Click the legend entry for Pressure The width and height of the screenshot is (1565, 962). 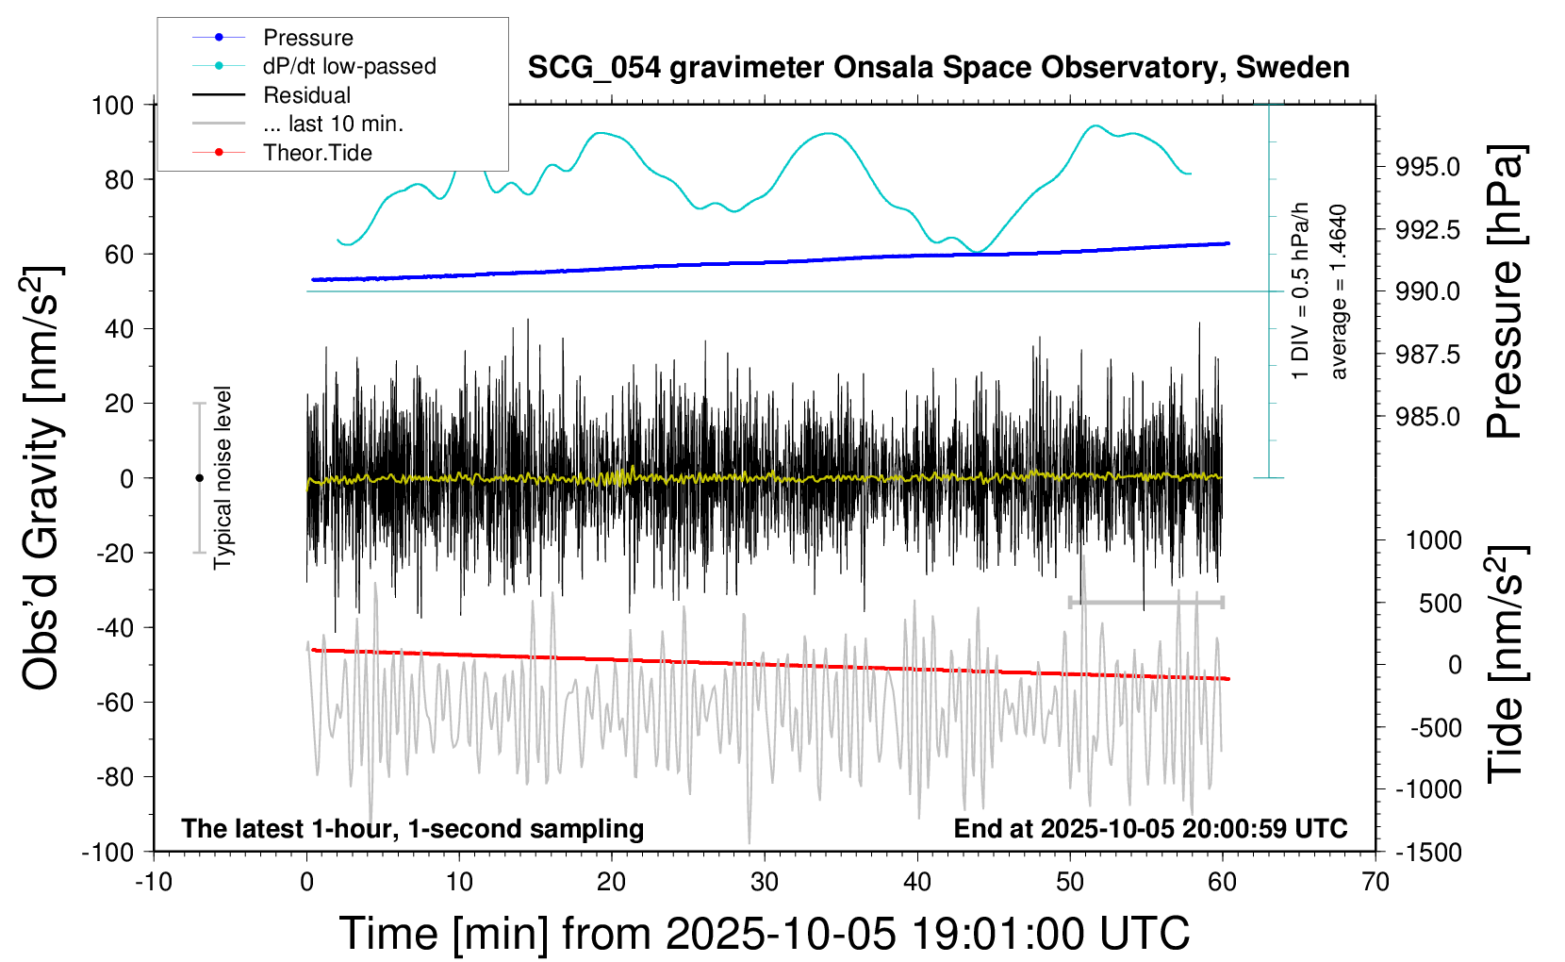[307, 38]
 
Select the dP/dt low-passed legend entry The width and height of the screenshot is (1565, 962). [349, 66]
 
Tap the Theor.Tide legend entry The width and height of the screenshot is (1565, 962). [317, 153]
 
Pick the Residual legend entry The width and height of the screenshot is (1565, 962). [306, 95]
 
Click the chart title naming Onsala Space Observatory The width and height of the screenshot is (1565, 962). [938, 68]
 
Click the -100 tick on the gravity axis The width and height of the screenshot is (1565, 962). [108, 852]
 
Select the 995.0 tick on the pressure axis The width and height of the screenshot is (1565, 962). [1427, 167]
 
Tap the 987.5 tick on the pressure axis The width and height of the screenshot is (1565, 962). [1427, 355]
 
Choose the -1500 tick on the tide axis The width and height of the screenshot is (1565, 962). [1427, 852]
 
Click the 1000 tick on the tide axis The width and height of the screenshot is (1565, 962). [1433, 540]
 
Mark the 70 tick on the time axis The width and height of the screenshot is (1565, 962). [1376, 882]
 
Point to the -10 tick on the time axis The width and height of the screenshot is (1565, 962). [154, 882]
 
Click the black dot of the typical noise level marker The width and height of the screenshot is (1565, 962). [199, 478]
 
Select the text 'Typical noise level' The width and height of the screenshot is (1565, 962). [222, 477]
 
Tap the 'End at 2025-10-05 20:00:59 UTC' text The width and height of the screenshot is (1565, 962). [1150, 829]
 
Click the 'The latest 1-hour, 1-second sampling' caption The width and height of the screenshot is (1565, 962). [413, 829]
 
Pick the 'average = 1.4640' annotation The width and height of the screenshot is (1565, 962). [1339, 292]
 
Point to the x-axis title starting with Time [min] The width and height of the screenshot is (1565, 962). [764, 934]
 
